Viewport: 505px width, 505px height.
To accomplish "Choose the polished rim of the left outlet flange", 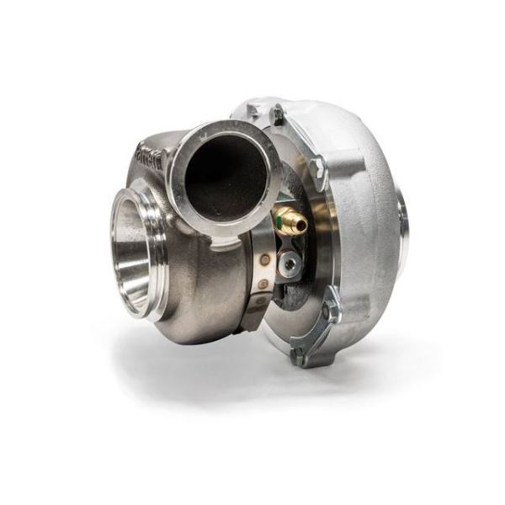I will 118,244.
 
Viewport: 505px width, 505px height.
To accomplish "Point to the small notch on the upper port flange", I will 221,244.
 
